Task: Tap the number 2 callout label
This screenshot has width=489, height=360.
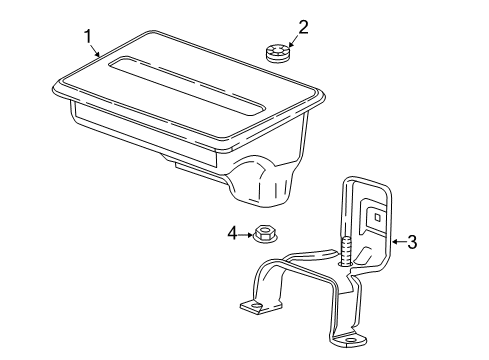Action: [303, 27]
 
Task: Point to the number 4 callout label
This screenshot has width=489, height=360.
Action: [231, 233]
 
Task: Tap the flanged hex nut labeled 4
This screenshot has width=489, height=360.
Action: [265, 236]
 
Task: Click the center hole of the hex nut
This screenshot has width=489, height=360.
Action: [265, 233]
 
